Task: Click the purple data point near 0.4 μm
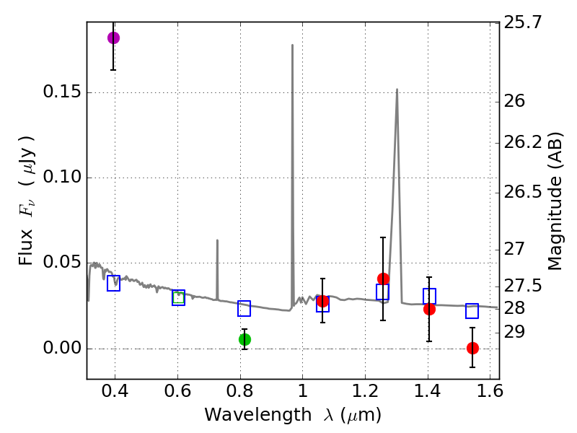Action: pyautogui.click(x=113, y=38)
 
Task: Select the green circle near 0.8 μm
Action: pyautogui.click(x=245, y=339)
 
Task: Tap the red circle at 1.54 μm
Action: pyautogui.click(x=472, y=348)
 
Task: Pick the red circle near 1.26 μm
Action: pyautogui.click(x=383, y=279)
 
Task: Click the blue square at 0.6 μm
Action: pyautogui.click(x=179, y=298)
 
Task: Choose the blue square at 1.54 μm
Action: pyautogui.click(x=472, y=311)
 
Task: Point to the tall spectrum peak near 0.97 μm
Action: pyautogui.click(x=292, y=45)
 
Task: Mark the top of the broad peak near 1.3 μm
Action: pyautogui.click(x=397, y=89)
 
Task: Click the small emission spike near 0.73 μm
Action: pyautogui.click(x=217, y=241)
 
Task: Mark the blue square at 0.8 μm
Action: pyautogui.click(x=245, y=309)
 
